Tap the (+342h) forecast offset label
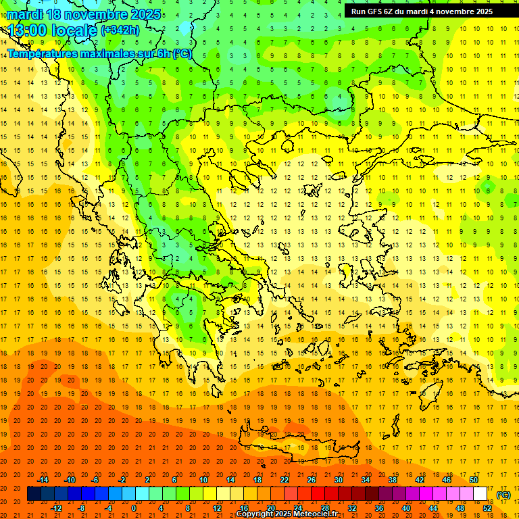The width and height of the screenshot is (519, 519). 120,30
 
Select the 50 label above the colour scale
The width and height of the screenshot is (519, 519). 474,480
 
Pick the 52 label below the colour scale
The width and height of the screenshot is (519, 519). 487,508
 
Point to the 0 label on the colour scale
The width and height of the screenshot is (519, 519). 134,508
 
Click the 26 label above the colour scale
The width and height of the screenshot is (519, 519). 312,480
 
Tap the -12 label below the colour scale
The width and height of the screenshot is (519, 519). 56,508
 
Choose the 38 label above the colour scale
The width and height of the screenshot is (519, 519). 393,480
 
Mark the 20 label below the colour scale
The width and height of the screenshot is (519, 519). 270,508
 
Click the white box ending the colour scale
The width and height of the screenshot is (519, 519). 480,494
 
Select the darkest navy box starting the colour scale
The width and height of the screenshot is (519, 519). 34,494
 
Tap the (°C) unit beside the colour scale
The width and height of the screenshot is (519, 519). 503,495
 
